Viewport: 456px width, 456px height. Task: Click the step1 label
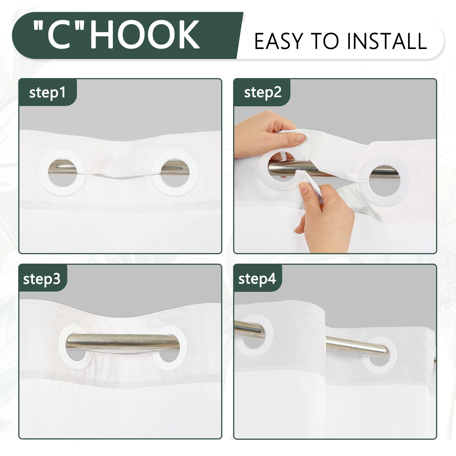tap(47, 93)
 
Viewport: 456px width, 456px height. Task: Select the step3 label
tap(42, 279)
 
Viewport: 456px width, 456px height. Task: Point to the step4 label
tap(257, 278)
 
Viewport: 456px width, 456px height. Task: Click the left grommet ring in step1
tap(42, 173)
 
